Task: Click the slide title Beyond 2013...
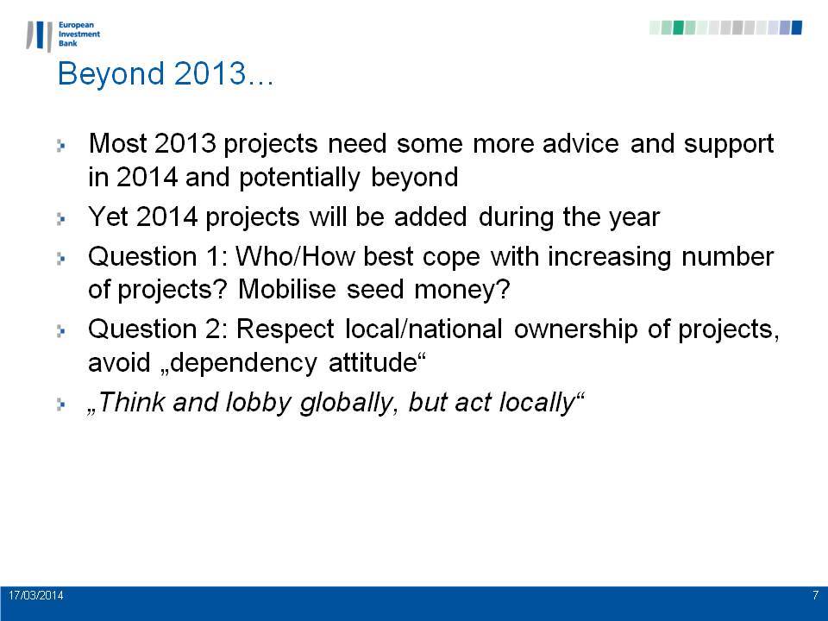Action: [166, 73]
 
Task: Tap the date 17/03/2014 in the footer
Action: [36, 595]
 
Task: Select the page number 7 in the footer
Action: [815, 595]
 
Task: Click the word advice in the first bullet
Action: [580, 144]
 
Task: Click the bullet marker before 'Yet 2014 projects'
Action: [60, 218]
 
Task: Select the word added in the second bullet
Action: [430, 217]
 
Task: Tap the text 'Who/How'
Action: [295, 257]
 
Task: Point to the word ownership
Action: [575, 330]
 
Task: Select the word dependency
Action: [243, 364]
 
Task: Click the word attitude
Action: [373, 363]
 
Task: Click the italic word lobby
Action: [258, 404]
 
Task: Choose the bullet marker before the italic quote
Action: [60, 405]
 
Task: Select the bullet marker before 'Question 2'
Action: [60, 331]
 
